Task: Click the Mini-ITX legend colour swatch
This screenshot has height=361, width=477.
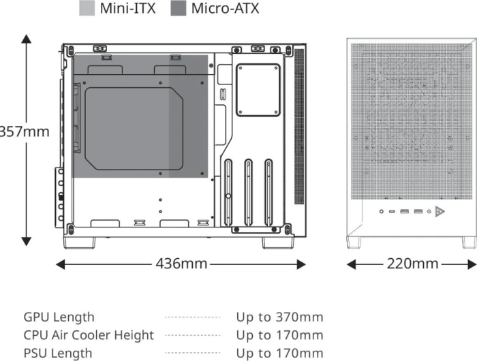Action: tap(87, 8)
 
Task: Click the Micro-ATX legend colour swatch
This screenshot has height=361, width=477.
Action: tap(179, 8)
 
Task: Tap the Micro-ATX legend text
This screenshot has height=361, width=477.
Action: tap(225, 8)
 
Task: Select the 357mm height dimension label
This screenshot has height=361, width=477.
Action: tap(24, 132)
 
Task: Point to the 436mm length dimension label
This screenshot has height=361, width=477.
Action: tap(181, 264)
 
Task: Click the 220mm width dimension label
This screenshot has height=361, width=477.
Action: tap(412, 264)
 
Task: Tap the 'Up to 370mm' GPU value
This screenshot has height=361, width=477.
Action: tap(279, 317)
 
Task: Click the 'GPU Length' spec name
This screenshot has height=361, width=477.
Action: tap(59, 317)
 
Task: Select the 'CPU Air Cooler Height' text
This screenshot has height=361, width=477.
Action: tap(89, 335)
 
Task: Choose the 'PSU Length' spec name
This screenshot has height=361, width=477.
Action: tap(58, 354)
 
